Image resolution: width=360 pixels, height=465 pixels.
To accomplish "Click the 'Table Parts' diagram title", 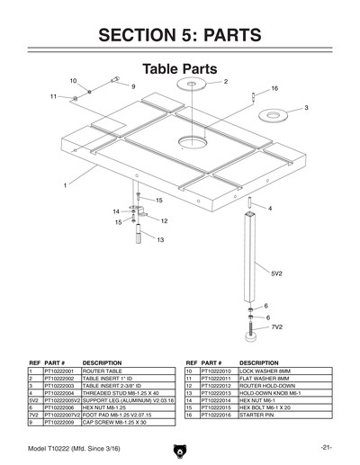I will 179,69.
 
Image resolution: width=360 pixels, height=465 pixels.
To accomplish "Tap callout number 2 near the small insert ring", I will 225,82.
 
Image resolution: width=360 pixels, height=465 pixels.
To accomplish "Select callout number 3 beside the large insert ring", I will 307,107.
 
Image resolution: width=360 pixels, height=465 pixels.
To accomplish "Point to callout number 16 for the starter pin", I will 274,88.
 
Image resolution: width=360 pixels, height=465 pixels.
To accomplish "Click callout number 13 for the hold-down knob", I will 159,240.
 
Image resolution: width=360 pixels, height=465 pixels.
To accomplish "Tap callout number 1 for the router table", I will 66,185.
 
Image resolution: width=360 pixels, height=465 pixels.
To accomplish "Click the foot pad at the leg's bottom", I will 250,338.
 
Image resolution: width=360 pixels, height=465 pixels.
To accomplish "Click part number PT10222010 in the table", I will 217,371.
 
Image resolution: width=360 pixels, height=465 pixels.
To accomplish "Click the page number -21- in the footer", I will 324,447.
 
